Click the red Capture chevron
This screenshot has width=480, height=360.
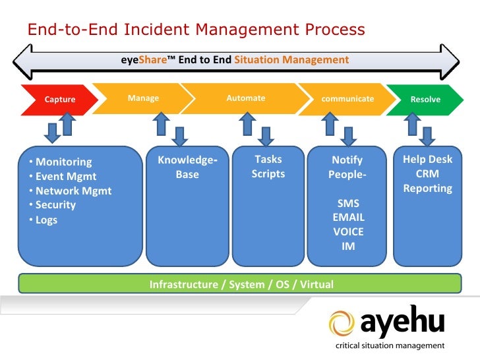tap(60, 100)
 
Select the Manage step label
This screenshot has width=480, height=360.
tap(143, 98)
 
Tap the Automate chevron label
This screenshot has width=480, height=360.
tap(246, 98)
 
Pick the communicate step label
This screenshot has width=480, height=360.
tap(347, 99)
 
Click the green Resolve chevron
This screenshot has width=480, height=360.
tap(425, 100)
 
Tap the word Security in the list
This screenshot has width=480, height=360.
tap(55, 205)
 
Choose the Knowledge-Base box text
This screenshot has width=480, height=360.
tap(187, 167)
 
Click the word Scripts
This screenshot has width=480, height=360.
tap(268, 174)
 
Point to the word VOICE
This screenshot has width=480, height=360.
tap(348, 231)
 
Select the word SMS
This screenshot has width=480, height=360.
tap(348, 203)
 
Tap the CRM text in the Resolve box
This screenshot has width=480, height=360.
tap(427, 173)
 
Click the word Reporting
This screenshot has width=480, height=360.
tap(428, 189)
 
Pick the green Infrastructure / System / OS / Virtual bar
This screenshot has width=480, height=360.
tap(240, 284)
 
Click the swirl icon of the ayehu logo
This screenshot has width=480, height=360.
tap(342, 323)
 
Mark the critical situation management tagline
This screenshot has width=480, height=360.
tap(390, 345)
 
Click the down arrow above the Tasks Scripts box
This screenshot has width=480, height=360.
tap(266, 136)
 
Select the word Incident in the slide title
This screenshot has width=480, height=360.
tap(157, 30)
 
